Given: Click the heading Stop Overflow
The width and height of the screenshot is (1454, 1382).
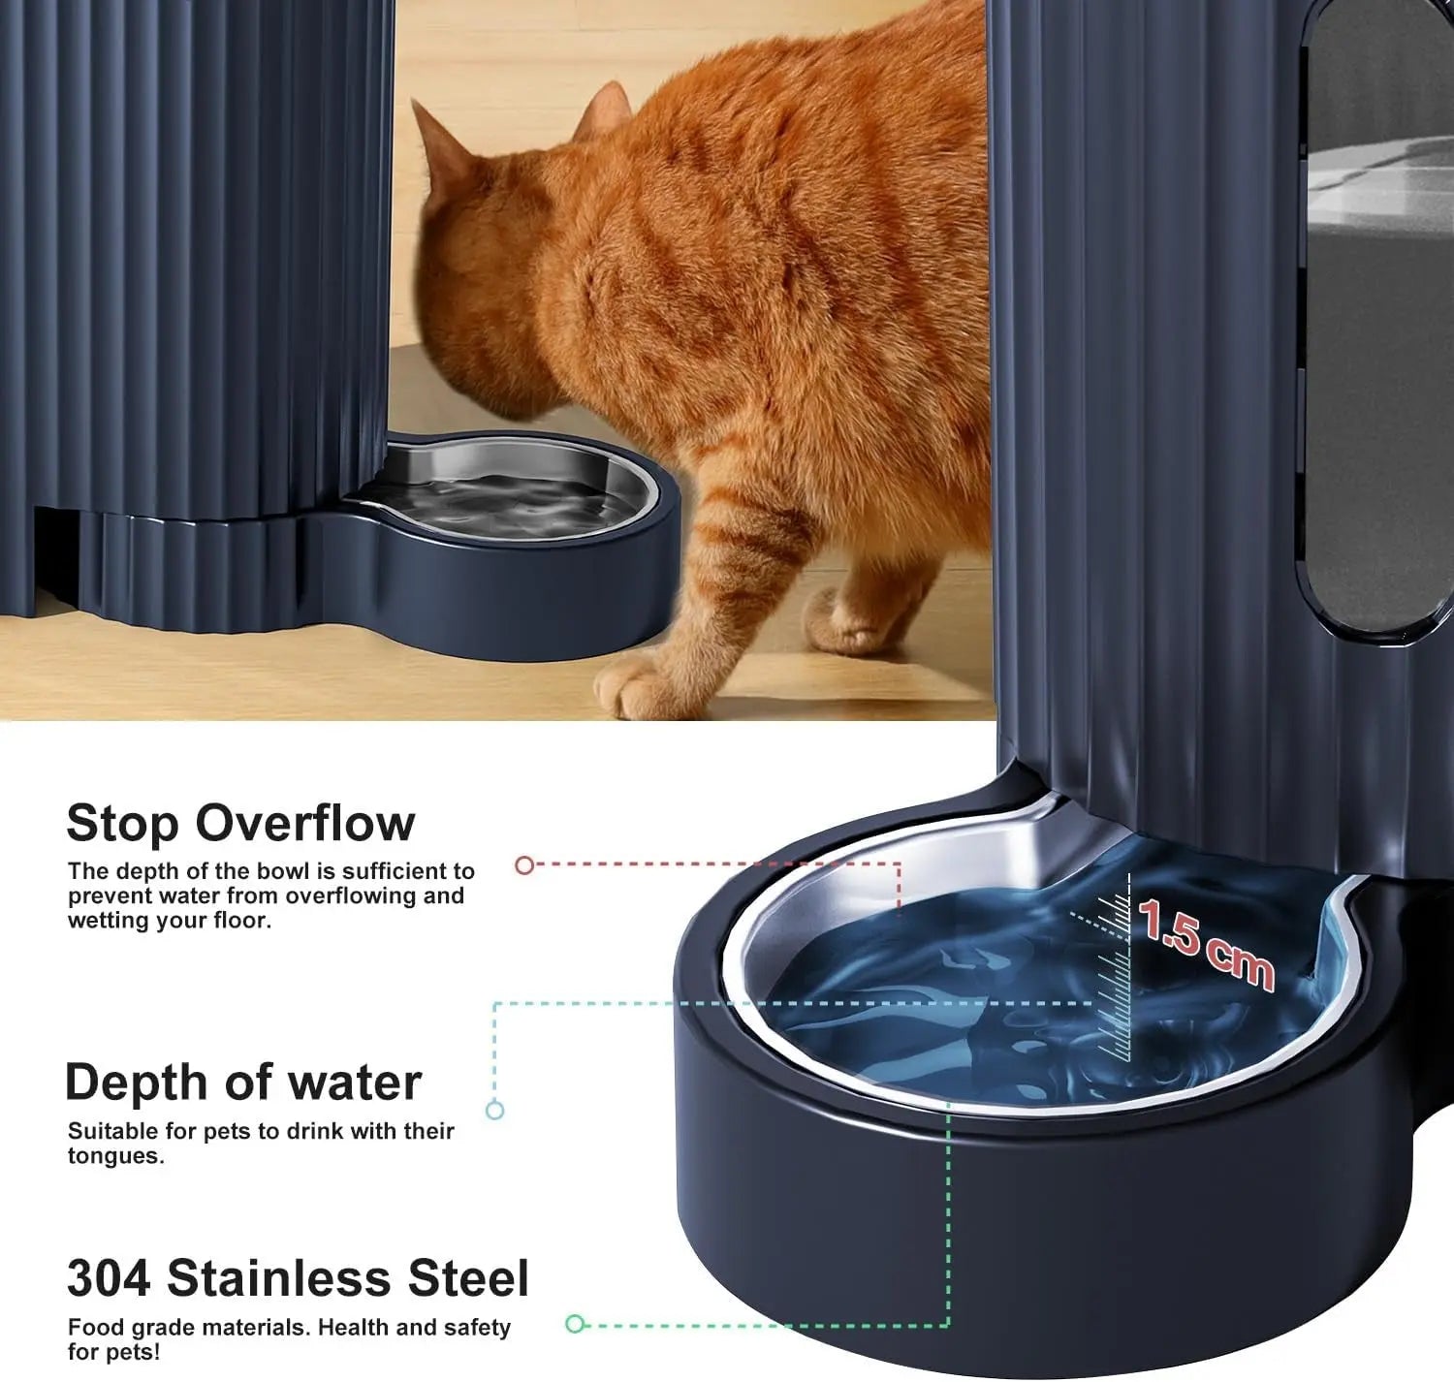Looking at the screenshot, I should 240,824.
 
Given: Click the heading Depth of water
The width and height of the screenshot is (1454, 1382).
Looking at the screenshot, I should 243,1083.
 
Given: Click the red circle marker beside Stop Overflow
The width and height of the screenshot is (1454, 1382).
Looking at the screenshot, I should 524,864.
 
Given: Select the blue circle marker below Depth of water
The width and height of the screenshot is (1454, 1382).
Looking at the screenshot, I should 494,1111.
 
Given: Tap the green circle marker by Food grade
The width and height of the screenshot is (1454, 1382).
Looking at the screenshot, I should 575,1324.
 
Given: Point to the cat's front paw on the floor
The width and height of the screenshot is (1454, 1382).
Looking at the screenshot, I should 640,687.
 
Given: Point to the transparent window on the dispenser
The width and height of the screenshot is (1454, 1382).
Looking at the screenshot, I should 1376,320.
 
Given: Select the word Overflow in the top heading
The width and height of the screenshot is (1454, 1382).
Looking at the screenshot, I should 305,824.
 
